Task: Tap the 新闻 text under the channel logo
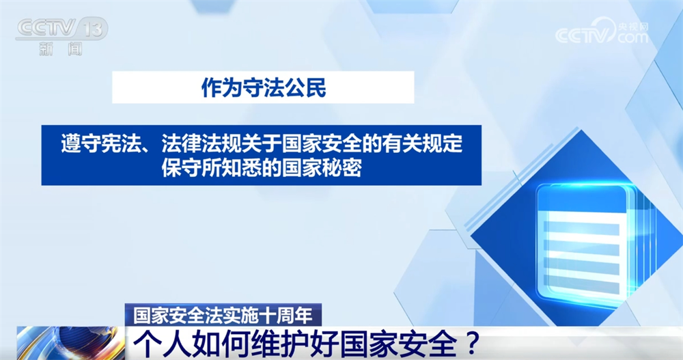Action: tap(61, 49)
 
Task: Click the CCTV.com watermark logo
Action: tap(602, 31)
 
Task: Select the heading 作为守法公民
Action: tap(264, 87)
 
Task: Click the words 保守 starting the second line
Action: tap(181, 168)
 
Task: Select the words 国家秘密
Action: tap(322, 168)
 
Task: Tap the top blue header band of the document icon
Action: tap(581, 199)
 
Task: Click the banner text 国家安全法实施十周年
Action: tap(223, 315)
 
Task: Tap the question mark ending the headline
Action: tap(471, 344)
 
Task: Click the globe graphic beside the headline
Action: tap(70, 343)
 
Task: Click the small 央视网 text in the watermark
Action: tap(634, 26)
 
